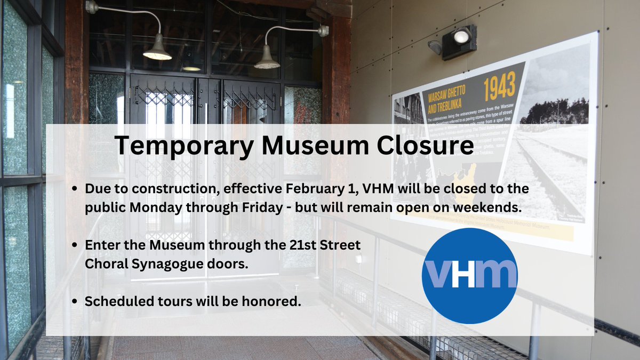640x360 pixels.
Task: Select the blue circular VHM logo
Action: (x=469, y=276)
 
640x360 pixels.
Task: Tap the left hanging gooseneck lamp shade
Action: (x=157, y=54)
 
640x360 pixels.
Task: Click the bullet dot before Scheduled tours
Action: (x=76, y=302)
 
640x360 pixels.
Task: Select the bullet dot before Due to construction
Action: (x=76, y=190)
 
